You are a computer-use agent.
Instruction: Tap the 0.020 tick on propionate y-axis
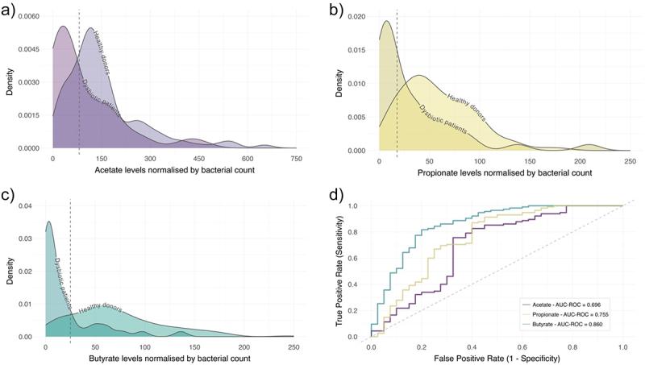click(x=360, y=16)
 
